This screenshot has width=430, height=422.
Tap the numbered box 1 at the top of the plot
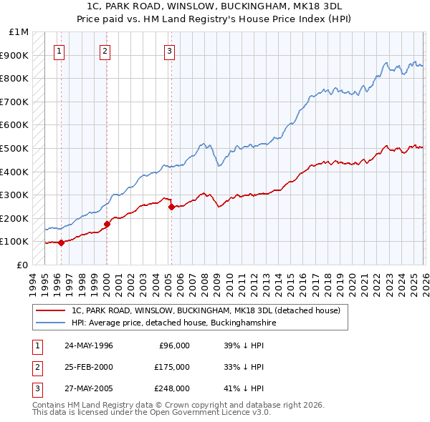[57, 51]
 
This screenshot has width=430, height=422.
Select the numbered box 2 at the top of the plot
[105, 51]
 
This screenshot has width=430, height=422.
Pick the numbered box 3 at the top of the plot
[169, 51]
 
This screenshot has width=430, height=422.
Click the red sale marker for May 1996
[61, 242]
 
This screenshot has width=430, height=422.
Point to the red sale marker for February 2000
[107, 224]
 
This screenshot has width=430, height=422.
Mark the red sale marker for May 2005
[171, 207]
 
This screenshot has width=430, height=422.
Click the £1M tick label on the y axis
[19, 32]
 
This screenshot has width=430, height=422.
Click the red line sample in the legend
[49, 311]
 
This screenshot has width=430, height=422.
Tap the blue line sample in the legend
[49, 323]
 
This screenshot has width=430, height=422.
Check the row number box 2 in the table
[37, 367]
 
